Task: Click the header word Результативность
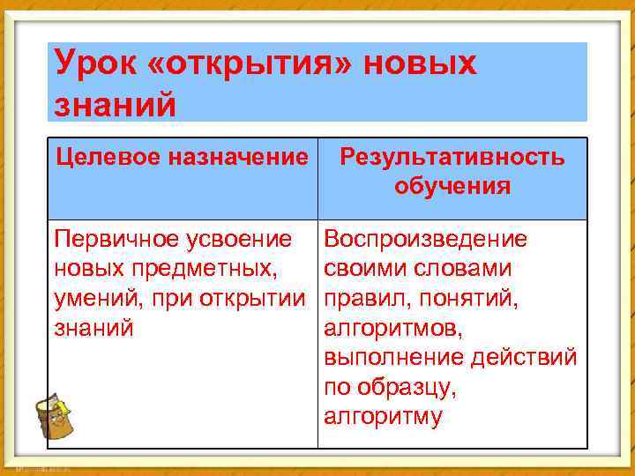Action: tap(452, 158)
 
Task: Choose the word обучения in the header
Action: tap(452, 186)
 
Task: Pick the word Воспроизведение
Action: tap(426, 239)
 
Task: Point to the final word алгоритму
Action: tap(383, 417)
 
